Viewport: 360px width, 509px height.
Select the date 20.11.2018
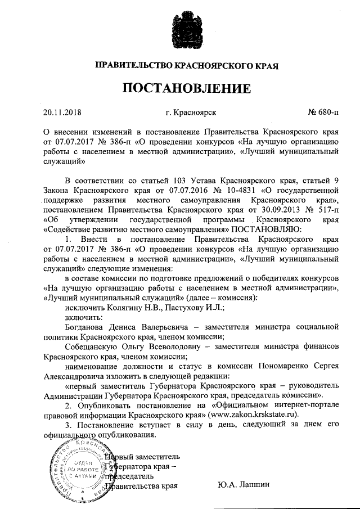tap(62, 112)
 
